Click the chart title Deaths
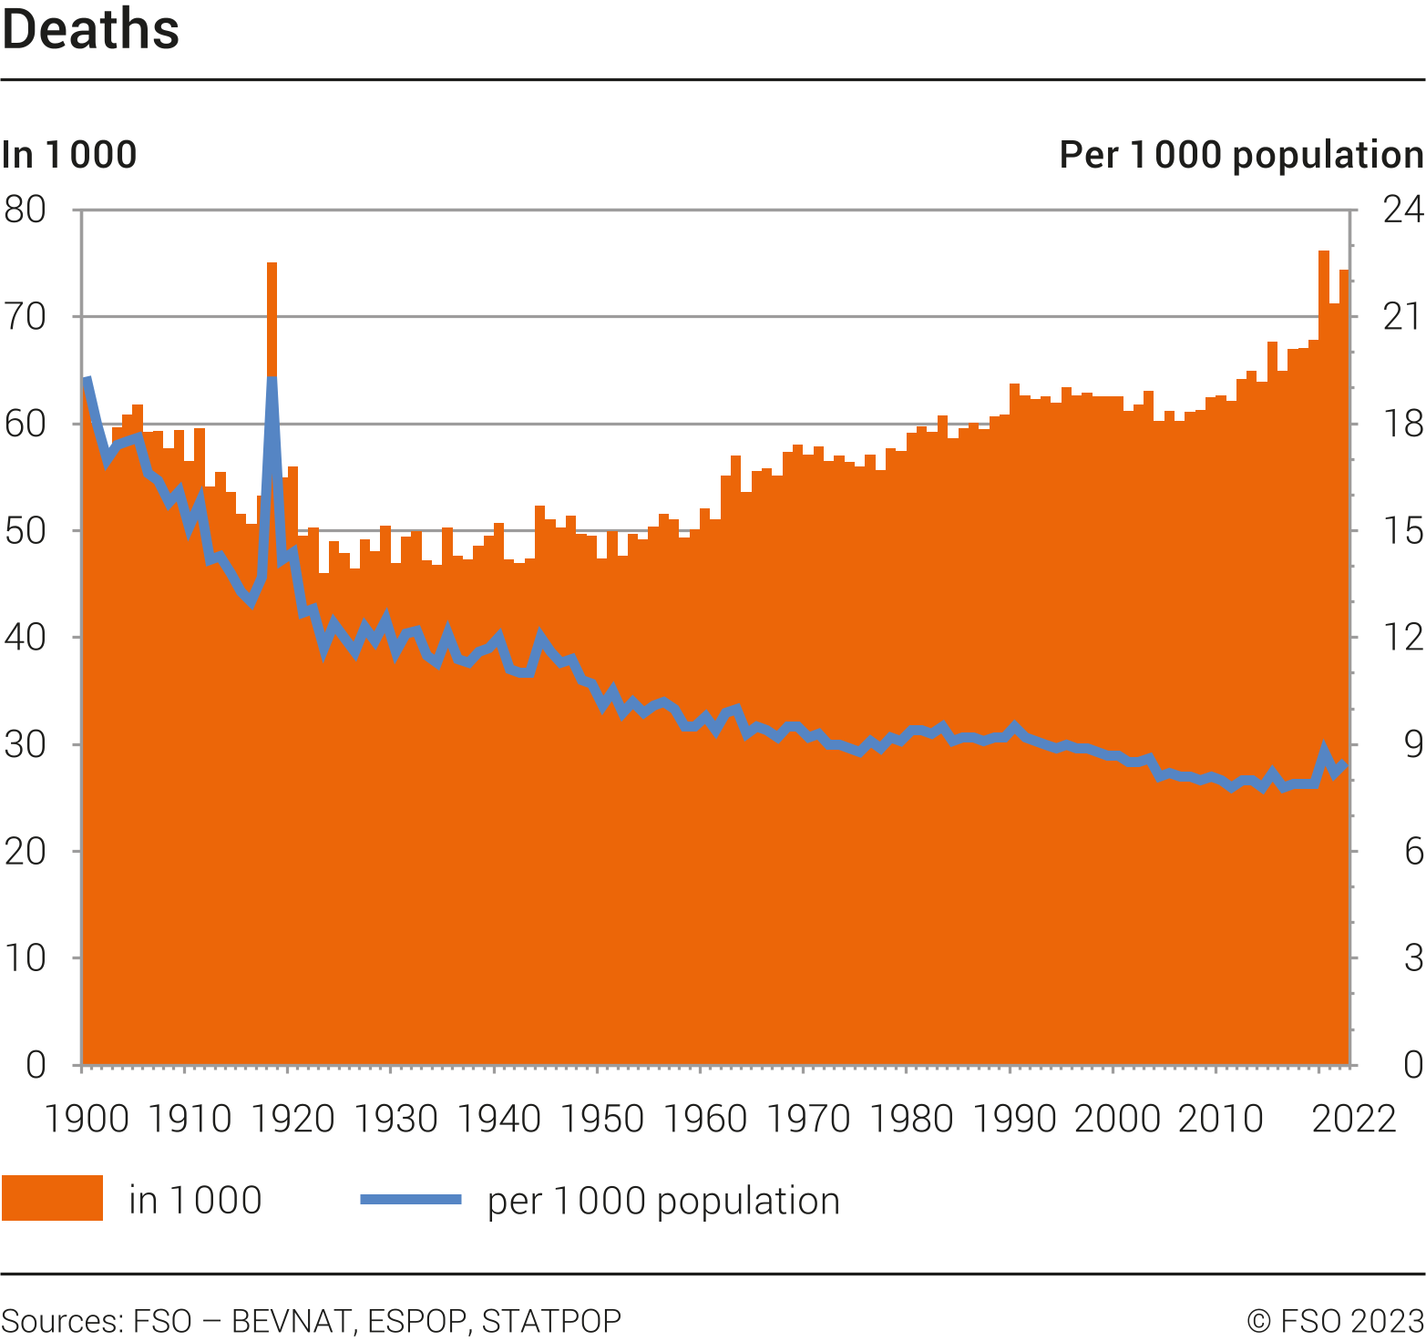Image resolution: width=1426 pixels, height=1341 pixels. (91, 30)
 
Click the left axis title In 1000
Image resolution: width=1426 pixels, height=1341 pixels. (69, 155)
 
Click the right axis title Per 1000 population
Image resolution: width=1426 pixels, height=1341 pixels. (1241, 155)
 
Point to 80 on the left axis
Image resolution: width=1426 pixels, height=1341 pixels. (26, 210)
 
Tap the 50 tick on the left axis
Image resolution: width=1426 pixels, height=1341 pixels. (26, 530)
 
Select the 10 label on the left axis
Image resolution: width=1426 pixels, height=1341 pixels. (26, 957)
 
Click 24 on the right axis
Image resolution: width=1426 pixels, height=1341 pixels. (1402, 210)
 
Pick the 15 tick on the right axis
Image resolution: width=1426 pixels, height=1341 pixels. (1402, 530)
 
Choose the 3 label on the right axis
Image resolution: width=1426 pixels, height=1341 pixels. (1413, 957)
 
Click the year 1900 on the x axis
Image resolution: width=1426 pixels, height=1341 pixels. (87, 1119)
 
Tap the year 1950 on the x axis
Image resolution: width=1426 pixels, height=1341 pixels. (602, 1119)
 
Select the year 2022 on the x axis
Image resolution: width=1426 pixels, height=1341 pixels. (1353, 1119)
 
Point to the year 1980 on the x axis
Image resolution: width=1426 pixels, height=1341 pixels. (911, 1119)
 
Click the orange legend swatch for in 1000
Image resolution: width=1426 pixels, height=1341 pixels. (52, 1198)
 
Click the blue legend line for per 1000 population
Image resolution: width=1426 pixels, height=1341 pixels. (411, 1199)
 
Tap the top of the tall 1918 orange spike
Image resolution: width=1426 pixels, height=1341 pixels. (272, 265)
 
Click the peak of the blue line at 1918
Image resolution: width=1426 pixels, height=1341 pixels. (272, 379)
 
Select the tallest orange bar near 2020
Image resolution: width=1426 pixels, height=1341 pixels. (1324, 253)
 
